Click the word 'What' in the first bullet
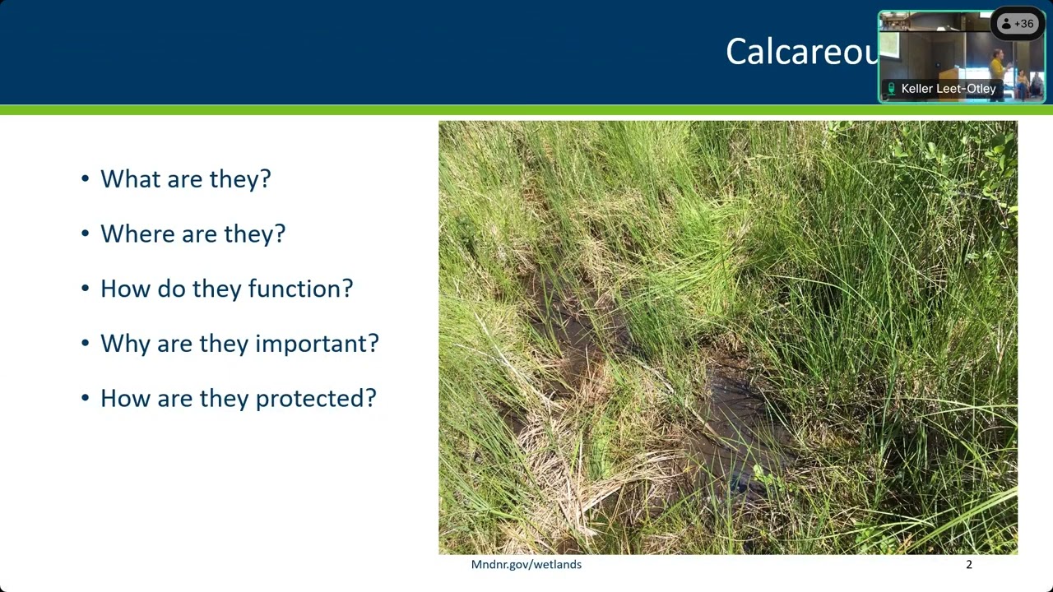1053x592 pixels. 127,179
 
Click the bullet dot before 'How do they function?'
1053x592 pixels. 86,289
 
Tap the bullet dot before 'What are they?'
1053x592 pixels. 86,179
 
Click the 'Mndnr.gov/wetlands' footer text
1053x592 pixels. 526,565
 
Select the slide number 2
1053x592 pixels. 968,565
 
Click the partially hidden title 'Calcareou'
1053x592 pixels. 802,52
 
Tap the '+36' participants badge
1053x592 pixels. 1023,24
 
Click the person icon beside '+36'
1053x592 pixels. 1006,24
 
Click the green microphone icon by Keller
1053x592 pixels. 891,89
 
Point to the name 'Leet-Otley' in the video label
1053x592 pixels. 969,89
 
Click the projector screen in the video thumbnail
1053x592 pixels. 890,46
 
